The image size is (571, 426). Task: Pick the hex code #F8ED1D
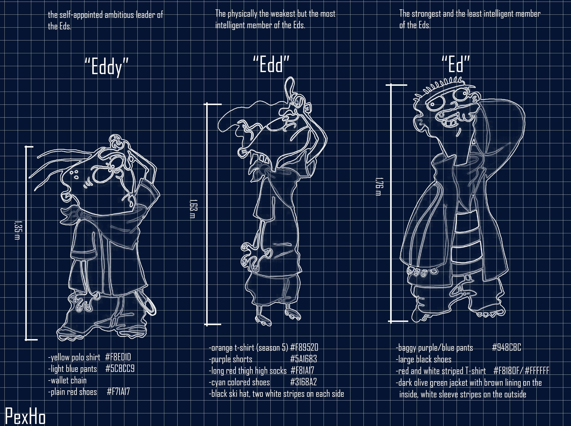118,357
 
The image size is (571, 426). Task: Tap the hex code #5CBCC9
120,369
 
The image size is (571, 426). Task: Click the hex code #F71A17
118,391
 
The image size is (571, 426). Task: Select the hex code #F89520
304,347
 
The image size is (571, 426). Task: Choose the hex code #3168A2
303,382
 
